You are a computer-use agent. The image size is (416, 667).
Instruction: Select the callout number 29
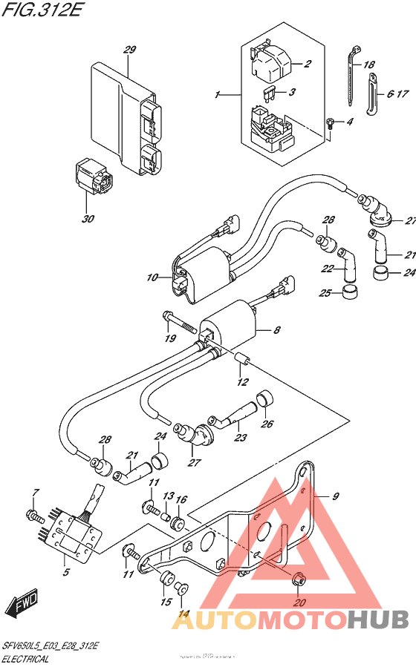[130, 50]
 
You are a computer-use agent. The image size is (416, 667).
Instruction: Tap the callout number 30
[89, 219]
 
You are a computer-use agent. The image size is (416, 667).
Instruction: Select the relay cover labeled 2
[270, 63]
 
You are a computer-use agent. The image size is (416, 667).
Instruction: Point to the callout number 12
[241, 383]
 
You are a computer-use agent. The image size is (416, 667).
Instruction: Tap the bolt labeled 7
[33, 513]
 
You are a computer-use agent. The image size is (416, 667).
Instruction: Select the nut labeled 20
[299, 580]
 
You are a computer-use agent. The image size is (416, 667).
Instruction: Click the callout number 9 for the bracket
[334, 496]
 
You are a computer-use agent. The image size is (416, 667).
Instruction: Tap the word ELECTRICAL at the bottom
[25, 658]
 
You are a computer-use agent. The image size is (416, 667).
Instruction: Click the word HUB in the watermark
[377, 618]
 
